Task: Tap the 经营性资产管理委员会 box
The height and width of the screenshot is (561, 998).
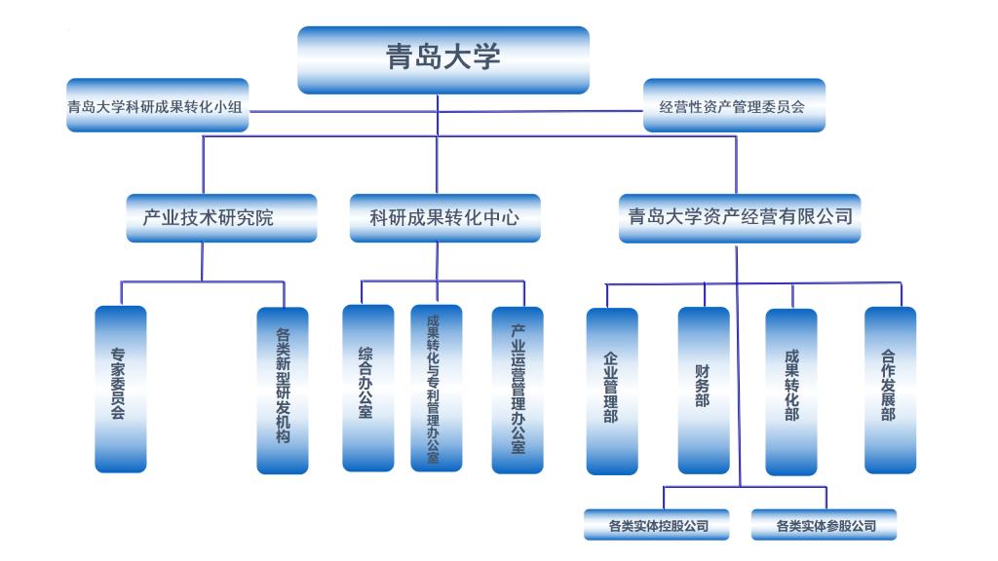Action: point(735,106)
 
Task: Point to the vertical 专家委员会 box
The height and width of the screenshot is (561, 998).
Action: point(120,389)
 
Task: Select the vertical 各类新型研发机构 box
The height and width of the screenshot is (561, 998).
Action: point(283,391)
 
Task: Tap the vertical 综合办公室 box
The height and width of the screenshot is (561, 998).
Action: point(368,388)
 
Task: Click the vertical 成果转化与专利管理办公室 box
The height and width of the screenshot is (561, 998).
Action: point(436,388)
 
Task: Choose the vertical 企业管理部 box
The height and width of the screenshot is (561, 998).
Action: point(612,391)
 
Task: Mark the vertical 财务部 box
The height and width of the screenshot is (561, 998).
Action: point(703,389)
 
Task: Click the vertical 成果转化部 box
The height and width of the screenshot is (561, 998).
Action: point(790,391)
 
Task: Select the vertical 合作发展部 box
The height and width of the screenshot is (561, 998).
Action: point(890,389)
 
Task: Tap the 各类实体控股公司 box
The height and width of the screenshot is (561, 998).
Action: point(658,526)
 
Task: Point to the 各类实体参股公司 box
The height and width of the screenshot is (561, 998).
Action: point(825,526)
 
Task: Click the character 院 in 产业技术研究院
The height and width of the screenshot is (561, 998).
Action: point(264,218)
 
